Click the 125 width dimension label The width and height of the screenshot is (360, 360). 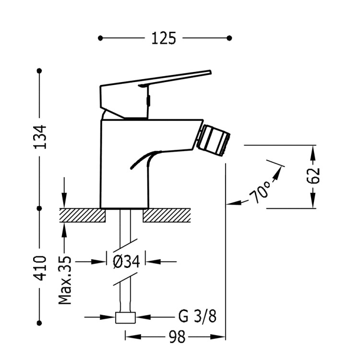coord(164,38)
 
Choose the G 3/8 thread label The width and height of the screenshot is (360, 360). coord(197,317)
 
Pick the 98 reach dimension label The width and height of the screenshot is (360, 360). coord(177,338)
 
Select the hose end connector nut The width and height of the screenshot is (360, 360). coord(126,317)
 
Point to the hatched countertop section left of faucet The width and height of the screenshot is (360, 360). coord(82,215)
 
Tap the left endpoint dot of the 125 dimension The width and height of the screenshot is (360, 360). coord(100,37)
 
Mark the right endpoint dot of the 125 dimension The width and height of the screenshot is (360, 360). coord(229,37)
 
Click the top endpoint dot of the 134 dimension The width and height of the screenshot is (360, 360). coord(40,71)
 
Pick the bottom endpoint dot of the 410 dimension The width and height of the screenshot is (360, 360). coord(40,322)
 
